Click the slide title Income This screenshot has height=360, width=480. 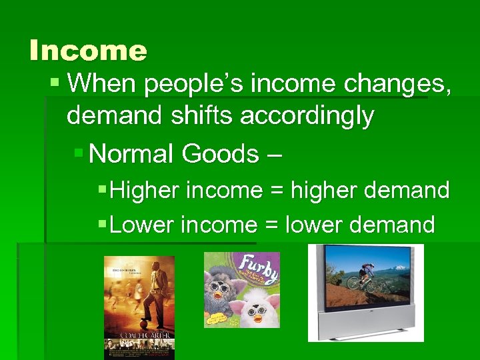click(x=88, y=51)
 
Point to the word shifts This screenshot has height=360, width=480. click(x=201, y=116)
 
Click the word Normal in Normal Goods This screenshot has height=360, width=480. click(x=131, y=154)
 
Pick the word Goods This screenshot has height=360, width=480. click(x=219, y=154)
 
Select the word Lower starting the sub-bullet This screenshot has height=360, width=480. click(x=143, y=225)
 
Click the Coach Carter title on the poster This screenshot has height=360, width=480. click(x=139, y=335)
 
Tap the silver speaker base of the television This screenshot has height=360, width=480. click(x=365, y=326)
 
